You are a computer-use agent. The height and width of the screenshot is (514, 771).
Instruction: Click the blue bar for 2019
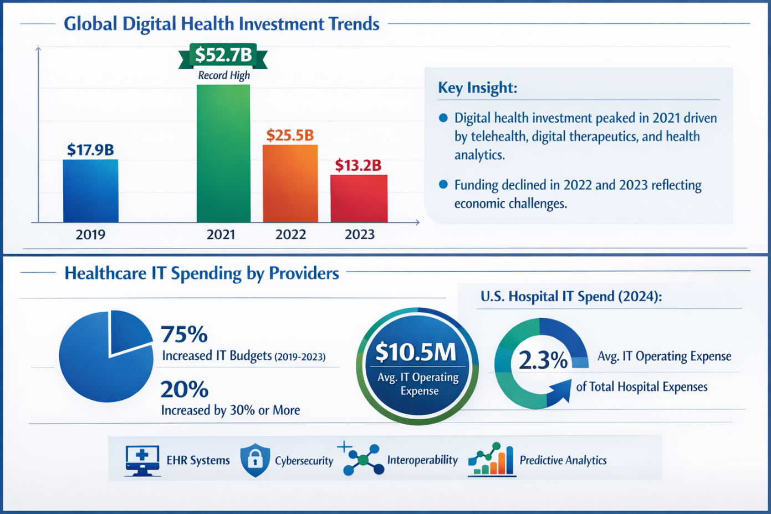click(x=90, y=191)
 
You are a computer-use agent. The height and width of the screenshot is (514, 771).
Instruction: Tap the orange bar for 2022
click(x=290, y=184)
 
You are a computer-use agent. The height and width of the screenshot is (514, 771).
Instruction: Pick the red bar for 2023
click(x=359, y=199)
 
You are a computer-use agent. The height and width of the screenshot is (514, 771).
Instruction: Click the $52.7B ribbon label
click(x=223, y=55)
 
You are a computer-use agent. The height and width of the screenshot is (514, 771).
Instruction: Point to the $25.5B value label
click(x=290, y=135)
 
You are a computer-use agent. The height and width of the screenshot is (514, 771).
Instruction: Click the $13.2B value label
click(x=358, y=165)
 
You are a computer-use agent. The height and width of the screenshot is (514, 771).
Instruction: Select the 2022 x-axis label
click(x=290, y=235)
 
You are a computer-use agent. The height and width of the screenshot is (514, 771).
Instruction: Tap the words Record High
click(x=224, y=75)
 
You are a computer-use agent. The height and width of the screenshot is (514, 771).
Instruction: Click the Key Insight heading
click(x=477, y=88)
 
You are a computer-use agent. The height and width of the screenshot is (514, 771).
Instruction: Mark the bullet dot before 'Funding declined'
click(x=443, y=185)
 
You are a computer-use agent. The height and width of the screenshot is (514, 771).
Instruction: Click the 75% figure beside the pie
click(x=184, y=334)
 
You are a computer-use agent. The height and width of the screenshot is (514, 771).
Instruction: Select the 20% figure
click(x=184, y=390)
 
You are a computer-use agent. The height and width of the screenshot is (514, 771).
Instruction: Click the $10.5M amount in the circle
click(x=416, y=353)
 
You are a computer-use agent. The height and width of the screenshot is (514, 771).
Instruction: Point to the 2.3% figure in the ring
click(x=543, y=360)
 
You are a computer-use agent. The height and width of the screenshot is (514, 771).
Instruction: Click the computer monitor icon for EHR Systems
click(x=142, y=460)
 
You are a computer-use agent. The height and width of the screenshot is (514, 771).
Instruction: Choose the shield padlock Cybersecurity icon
click(x=255, y=460)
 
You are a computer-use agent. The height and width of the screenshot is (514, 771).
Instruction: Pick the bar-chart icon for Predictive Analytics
click(x=492, y=460)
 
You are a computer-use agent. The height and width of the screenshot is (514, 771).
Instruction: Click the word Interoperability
click(x=422, y=460)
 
